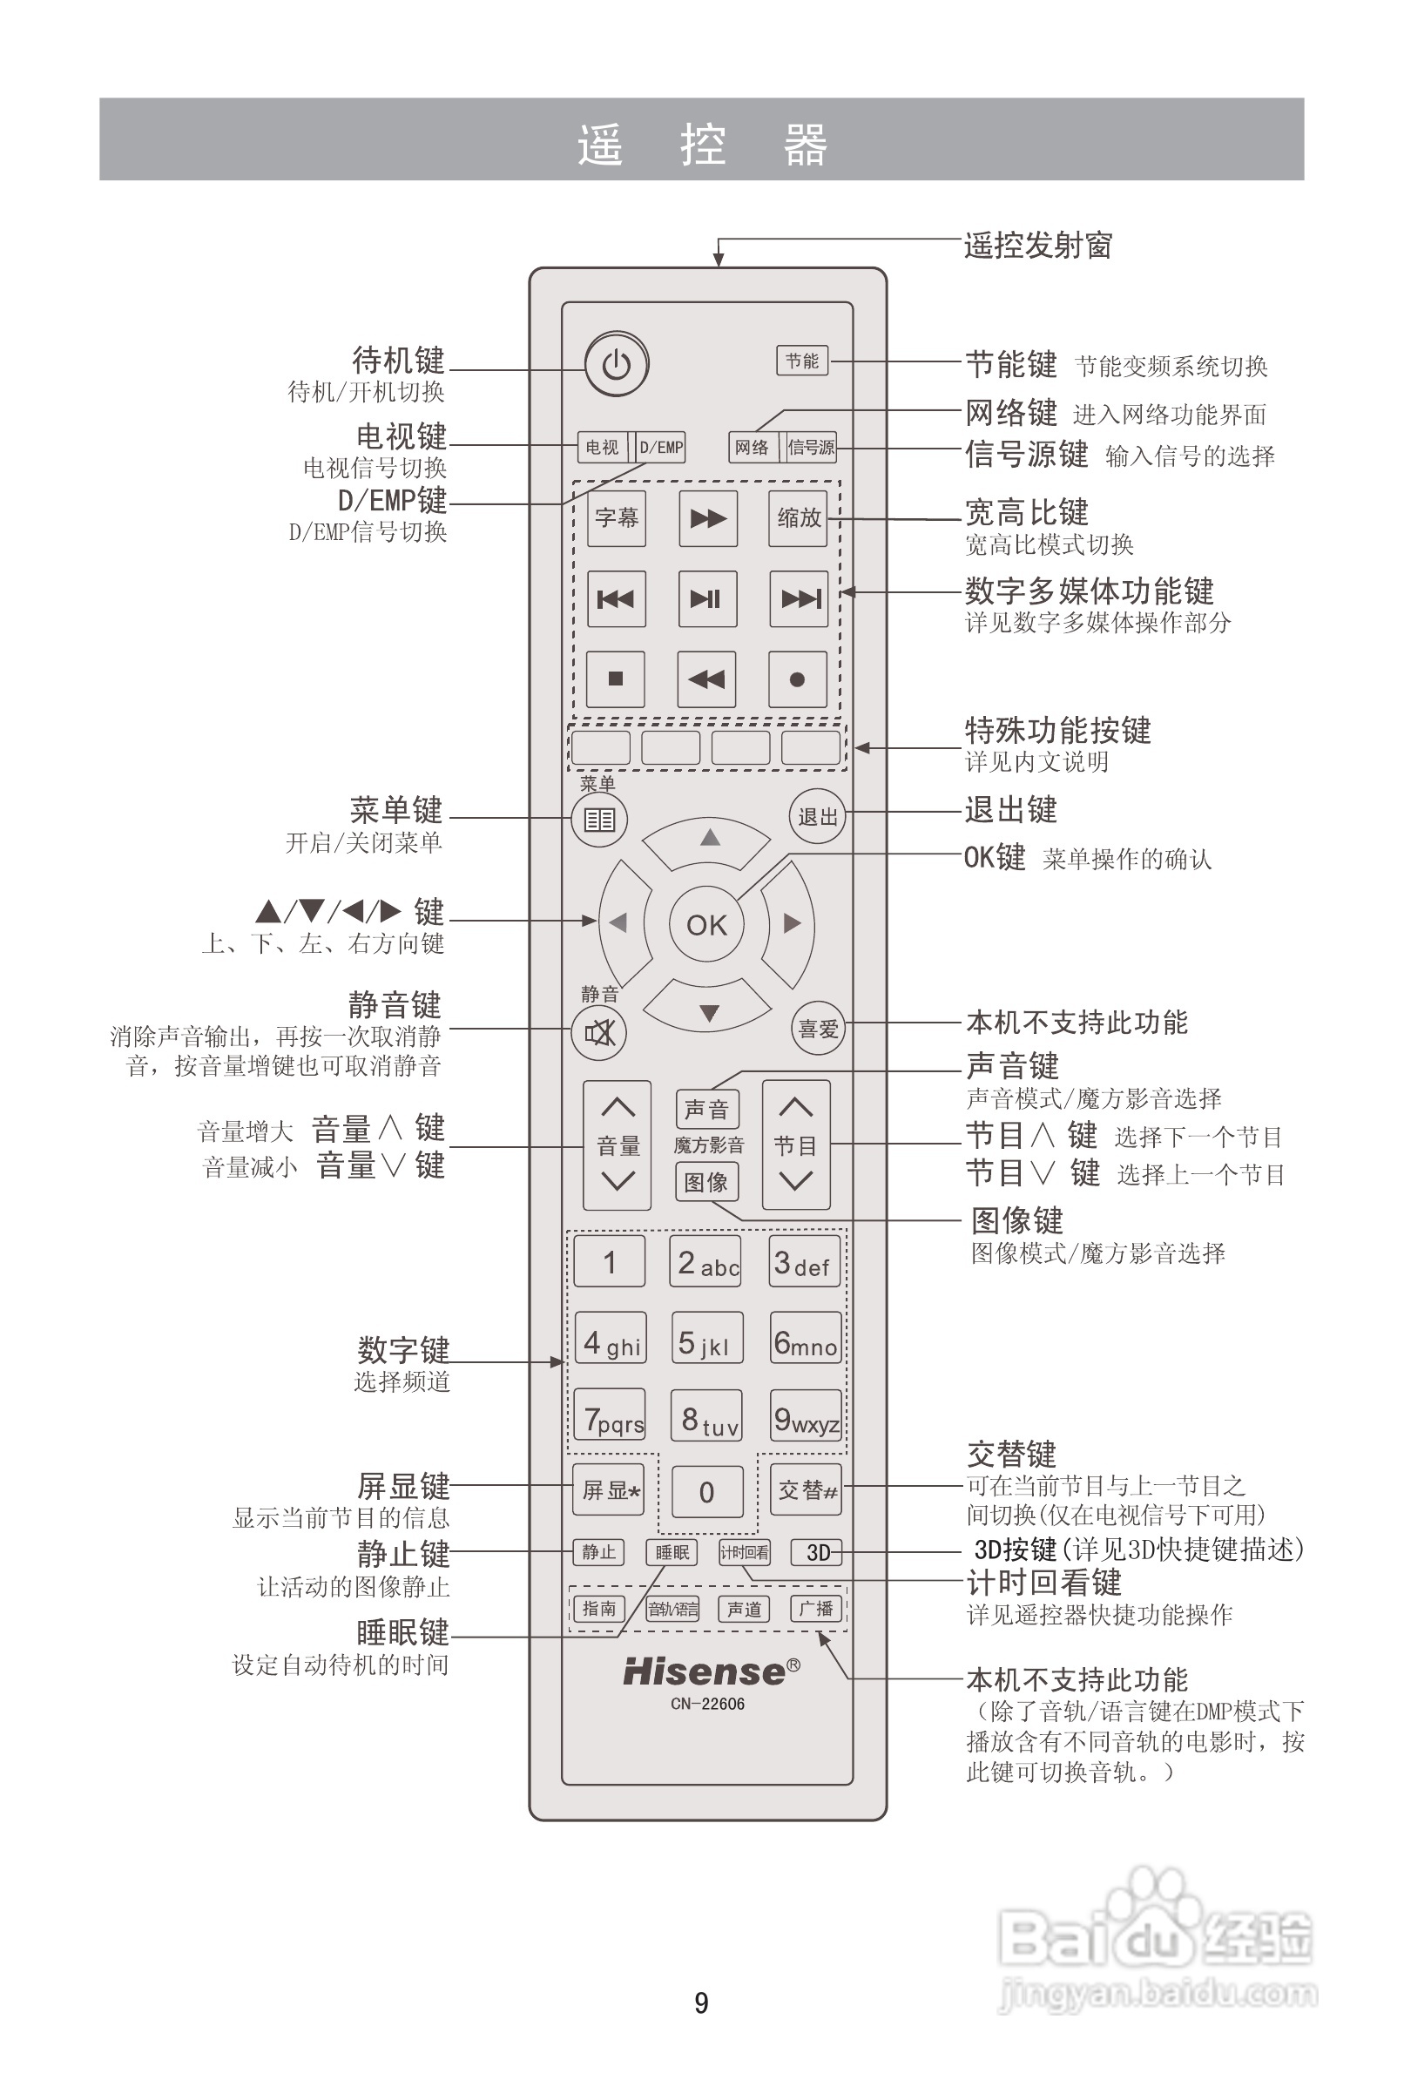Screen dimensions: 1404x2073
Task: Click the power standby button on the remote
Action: coord(617,364)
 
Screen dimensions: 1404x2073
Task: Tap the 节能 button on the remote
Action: coord(802,361)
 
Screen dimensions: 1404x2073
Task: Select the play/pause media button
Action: coord(707,598)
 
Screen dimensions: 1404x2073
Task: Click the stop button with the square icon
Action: coord(616,679)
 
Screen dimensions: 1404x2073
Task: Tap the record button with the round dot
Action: coord(798,679)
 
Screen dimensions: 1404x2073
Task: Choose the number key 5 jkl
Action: coord(706,1338)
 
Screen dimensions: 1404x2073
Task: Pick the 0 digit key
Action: coord(706,1491)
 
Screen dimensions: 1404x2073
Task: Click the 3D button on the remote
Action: coord(817,1553)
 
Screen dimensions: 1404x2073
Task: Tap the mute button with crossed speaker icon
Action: coord(599,1033)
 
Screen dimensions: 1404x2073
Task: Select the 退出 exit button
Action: coord(817,815)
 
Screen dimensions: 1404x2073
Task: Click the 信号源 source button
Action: coord(811,447)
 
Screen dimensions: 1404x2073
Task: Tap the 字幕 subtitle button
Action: coord(617,518)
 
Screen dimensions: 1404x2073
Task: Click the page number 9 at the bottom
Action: coord(701,2003)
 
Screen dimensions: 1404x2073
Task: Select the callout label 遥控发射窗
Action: coord(1037,246)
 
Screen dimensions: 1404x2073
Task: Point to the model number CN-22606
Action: coord(707,1704)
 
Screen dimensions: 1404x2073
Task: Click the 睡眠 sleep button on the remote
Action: coord(672,1553)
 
